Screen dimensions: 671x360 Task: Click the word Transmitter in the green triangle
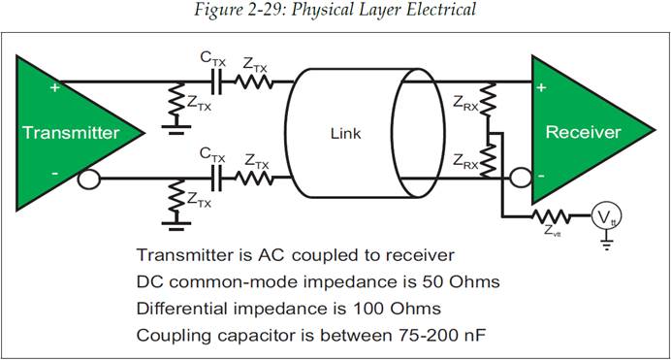pyautogui.click(x=71, y=133)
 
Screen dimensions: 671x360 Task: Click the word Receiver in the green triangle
pyautogui.click(x=583, y=132)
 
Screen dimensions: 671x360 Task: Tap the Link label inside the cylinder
pyautogui.click(x=346, y=134)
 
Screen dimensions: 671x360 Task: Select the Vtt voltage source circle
pyautogui.click(x=606, y=216)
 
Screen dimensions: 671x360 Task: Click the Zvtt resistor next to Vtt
pyautogui.click(x=551, y=216)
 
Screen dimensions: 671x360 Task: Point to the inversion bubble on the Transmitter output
pyautogui.click(x=89, y=179)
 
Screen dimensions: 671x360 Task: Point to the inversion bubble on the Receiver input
pyautogui.click(x=522, y=178)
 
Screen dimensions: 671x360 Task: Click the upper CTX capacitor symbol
pyautogui.click(x=217, y=82)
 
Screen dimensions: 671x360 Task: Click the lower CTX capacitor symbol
pyautogui.click(x=217, y=178)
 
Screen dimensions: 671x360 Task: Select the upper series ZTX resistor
pyautogui.click(x=254, y=82)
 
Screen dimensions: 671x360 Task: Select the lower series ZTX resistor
pyautogui.click(x=254, y=178)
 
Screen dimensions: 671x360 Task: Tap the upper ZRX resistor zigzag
pyautogui.click(x=488, y=99)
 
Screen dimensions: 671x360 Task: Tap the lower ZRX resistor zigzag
pyautogui.click(x=488, y=159)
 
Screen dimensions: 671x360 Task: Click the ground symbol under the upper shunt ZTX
pyautogui.click(x=176, y=130)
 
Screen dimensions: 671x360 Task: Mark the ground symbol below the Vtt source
pyautogui.click(x=606, y=245)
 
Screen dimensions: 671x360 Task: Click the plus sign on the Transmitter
pyautogui.click(x=54, y=87)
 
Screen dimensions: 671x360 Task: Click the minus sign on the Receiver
pyautogui.click(x=541, y=176)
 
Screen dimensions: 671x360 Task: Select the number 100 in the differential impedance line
pyautogui.click(x=367, y=309)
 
